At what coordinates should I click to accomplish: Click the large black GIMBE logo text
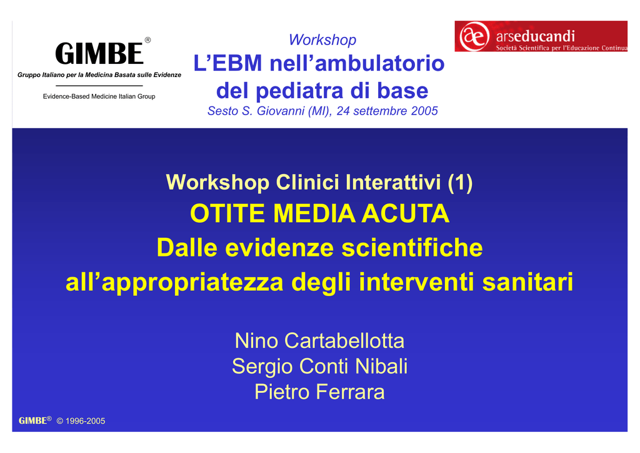99,54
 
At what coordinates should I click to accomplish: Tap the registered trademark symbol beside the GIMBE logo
147,40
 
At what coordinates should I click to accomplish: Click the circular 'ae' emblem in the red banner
474,36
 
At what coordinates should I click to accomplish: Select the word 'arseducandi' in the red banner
536,36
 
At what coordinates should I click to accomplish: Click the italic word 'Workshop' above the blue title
322,39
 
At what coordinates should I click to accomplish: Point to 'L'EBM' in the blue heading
227,63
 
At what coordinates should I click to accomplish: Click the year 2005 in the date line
424,111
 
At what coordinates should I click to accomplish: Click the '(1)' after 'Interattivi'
460,182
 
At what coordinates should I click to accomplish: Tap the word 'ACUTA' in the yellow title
405,213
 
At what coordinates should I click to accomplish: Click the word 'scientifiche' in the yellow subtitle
412,248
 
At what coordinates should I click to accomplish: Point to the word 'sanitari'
527,282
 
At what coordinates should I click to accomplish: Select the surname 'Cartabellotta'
344,340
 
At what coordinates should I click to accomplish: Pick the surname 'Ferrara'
350,392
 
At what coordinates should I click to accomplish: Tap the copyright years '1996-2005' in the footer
85,421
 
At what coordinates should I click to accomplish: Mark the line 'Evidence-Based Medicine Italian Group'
99,96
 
